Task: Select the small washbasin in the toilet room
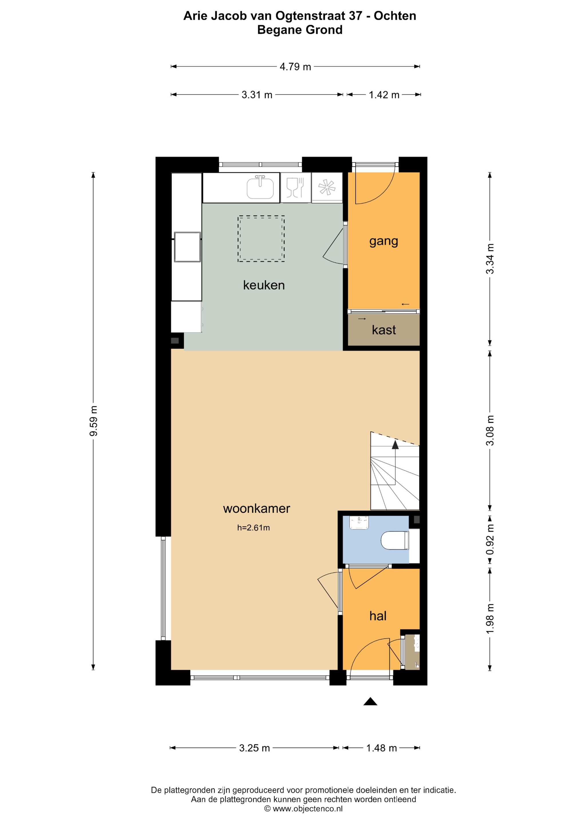[359, 522]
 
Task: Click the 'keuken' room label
[264, 285]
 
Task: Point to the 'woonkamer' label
[256, 508]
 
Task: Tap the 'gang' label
[384, 241]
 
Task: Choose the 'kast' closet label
[384, 330]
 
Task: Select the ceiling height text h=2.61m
[254, 528]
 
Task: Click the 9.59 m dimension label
[93, 421]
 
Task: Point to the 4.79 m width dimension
[295, 67]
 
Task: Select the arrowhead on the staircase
[395, 445]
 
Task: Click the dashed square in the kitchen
[261, 239]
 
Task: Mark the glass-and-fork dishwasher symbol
[295, 187]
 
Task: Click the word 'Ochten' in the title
[395, 16]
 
